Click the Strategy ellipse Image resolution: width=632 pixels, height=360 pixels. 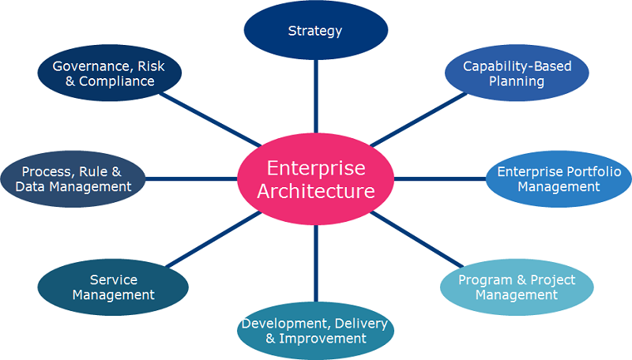pyautogui.click(x=316, y=30)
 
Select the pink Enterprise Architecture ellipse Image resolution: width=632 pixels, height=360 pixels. pyautogui.click(x=315, y=179)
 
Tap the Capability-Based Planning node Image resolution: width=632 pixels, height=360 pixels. pyautogui.click(x=517, y=73)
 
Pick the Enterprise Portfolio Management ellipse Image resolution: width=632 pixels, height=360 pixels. pyautogui.click(x=559, y=179)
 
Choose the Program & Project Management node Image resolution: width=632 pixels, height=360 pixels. pyautogui.click(x=517, y=287)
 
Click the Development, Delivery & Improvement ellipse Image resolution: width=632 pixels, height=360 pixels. pyautogui.click(x=315, y=331)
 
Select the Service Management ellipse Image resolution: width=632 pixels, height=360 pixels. pyautogui.click(x=113, y=287)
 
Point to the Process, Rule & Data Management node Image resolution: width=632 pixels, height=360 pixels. pyautogui.click(x=73, y=179)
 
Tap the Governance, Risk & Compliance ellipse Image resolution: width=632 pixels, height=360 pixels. pyautogui.click(x=109, y=73)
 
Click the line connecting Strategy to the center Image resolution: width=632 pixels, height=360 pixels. pyautogui.click(x=316, y=96)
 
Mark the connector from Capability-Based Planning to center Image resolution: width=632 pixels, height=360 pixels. pyautogui.click(x=419, y=119)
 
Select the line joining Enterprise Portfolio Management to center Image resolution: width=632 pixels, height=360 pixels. pyautogui.click(x=440, y=179)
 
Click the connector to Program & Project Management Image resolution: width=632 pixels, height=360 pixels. pyautogui.click(x=417, y=239)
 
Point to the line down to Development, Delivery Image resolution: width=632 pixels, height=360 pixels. pyautogui.click(x=316, y=264)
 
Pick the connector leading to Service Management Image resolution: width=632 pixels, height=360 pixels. pyautogui.click(x=214, y=239)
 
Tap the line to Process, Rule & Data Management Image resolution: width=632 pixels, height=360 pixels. pyautogui.click(x=191, y=179)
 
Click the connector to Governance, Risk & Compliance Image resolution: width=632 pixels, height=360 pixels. pyautogui.click(x=210, y=119)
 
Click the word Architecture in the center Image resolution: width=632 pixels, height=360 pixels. pyautogui.click(x=316, y=191)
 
